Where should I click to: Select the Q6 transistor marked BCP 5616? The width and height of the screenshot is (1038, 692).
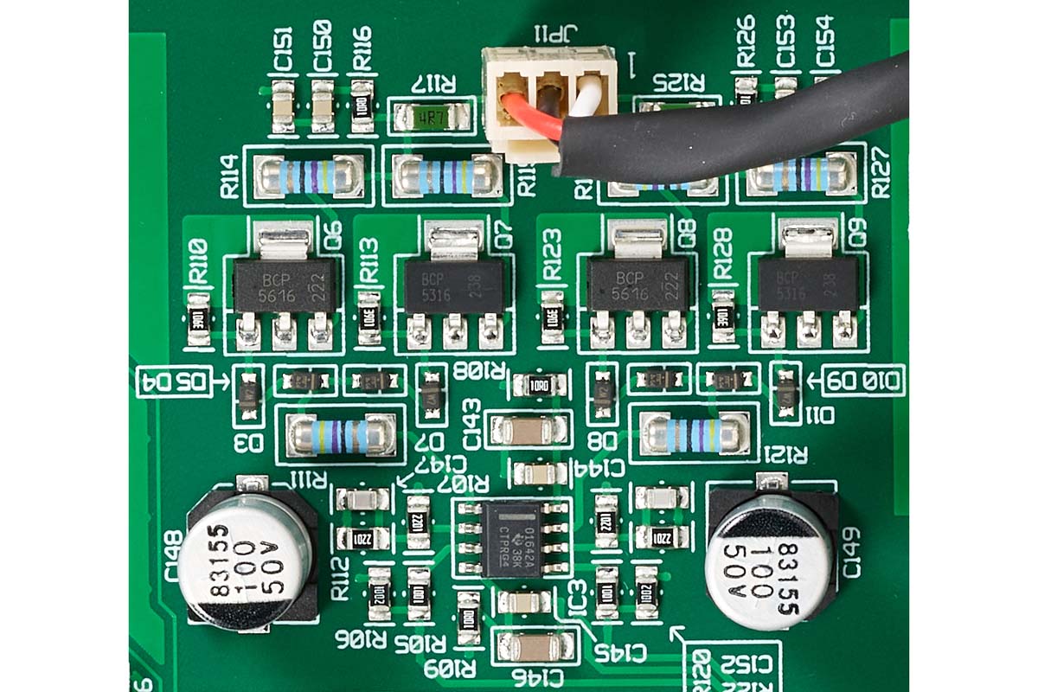pyautogui.click(x=285, y=286)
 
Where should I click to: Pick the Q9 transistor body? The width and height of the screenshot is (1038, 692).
pyautogui.click(x=808, y=286)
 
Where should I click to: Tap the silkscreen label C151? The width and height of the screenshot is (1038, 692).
pyautogui.click(x=282, y=50)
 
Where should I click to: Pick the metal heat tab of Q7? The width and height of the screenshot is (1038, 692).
pyautogui.click(x=454, y=241)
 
